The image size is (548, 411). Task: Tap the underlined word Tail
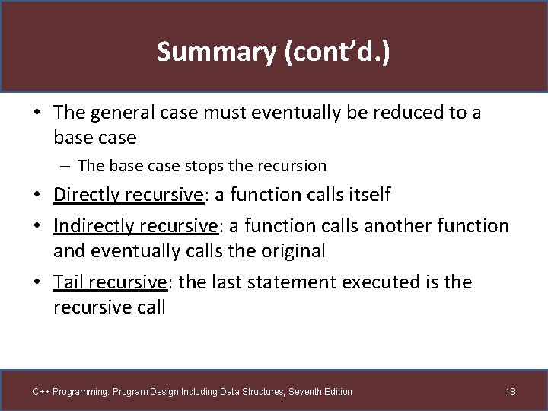pos(68,282)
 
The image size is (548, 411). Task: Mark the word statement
pos(292,282)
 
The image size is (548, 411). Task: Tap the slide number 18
pos(510,391)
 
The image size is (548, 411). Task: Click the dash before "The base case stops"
pos(68,165)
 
